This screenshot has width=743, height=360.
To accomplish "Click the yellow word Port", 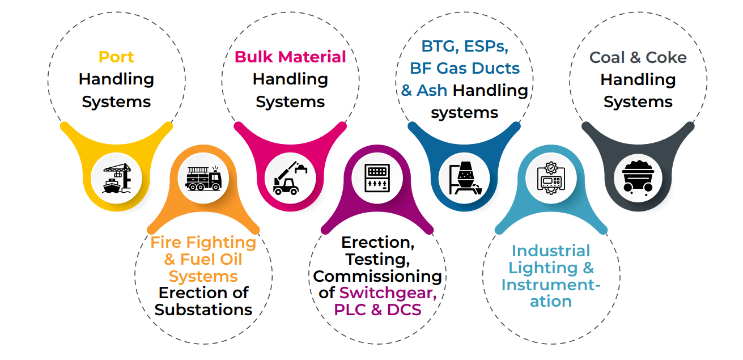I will (x=116, y=57).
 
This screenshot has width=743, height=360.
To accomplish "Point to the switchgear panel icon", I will (x=377, y=178).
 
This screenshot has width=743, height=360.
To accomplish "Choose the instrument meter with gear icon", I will (x=551, y=178).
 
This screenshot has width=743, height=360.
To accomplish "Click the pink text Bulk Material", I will (x=290, y=57).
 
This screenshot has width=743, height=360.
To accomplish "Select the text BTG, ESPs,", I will (x=464, y=46).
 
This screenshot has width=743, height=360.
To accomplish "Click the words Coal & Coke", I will (x=638, y=57).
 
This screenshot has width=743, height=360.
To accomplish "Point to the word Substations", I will (x=203, y=310).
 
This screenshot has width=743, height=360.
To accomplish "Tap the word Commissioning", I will (x=377, y=276).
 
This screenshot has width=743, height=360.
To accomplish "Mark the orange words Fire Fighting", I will (x=203, y=243).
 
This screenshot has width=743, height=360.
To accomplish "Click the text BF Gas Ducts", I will (x=464, y=68).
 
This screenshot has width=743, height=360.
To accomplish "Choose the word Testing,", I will (x=377, y=260).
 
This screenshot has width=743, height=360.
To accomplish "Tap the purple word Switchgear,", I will (x=388, y=293).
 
